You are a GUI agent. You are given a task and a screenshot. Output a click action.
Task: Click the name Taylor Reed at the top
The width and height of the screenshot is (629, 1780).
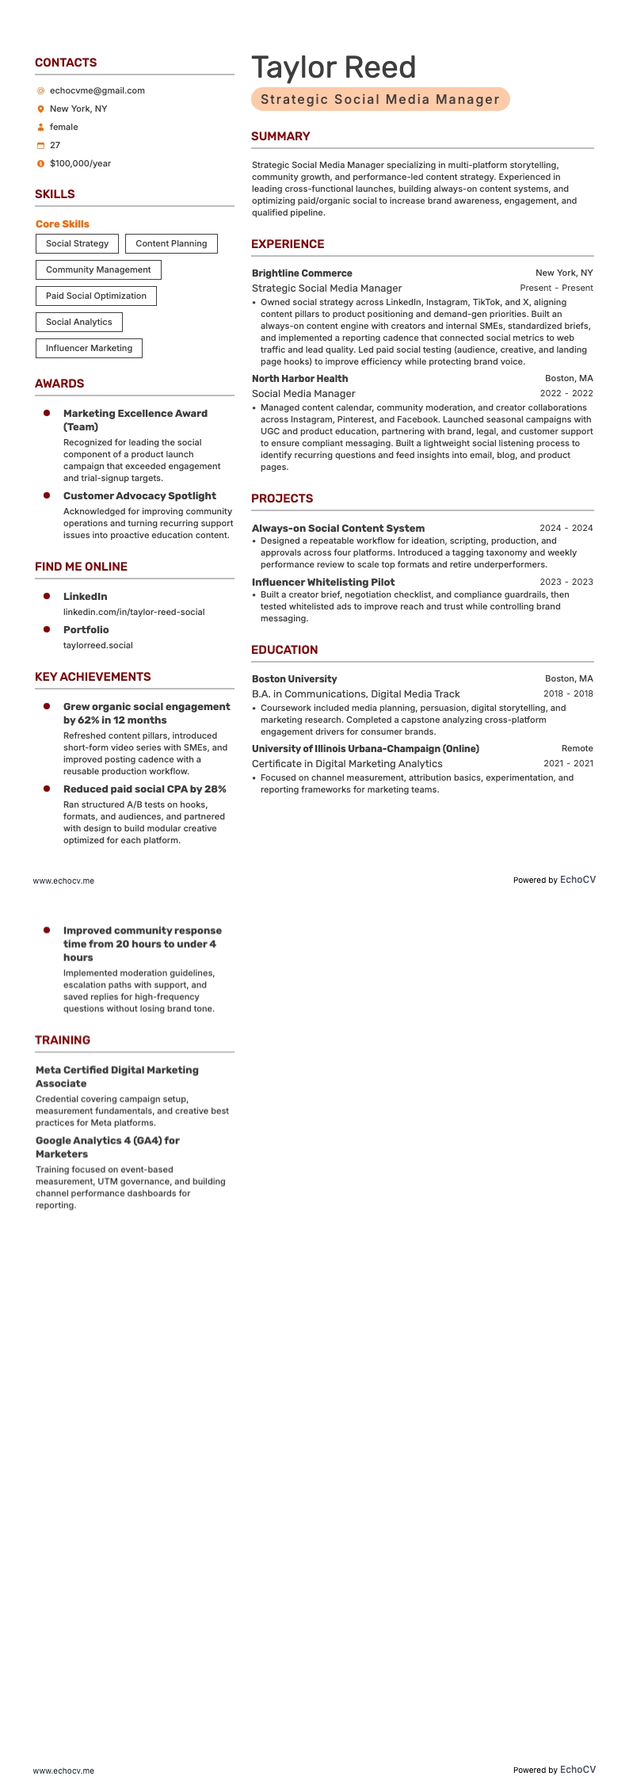(334, 68)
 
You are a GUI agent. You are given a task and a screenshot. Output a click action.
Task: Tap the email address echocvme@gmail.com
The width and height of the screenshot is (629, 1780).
(97, 90)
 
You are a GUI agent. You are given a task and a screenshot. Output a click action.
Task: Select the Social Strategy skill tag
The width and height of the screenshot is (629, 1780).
(77, 243)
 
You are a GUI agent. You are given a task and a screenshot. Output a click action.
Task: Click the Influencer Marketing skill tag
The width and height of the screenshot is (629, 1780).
(89, 348)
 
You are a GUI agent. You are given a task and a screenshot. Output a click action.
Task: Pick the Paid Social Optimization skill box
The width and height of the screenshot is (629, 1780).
(96, 296)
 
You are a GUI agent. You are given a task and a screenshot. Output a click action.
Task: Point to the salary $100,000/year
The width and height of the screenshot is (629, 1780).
(80, 163)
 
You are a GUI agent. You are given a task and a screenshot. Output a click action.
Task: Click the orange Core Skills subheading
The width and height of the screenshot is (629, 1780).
(63, 224)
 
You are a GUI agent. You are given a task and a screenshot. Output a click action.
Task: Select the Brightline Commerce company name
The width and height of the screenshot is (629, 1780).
(302, 273)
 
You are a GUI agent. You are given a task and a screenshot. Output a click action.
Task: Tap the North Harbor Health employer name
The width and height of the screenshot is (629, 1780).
(299, 379)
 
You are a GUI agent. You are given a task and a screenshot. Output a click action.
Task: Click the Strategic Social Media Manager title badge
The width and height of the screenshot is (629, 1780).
(380, 99)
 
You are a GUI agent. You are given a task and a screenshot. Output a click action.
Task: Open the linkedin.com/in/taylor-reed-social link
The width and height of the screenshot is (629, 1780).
(134, 612)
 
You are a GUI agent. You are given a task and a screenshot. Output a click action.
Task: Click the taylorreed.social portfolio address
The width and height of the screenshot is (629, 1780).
(98, 645)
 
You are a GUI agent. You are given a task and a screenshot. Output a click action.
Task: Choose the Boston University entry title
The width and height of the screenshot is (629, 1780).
(294, 679)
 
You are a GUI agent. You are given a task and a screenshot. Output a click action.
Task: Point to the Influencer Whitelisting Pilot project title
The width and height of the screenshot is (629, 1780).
(323, 583)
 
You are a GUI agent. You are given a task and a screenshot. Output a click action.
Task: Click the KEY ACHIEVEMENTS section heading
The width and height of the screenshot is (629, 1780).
(93, 677)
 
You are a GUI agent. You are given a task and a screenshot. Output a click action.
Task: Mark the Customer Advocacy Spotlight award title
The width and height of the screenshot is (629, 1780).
(139, 496)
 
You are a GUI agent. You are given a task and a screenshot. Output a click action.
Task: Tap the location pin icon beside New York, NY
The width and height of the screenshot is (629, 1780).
(41, 109)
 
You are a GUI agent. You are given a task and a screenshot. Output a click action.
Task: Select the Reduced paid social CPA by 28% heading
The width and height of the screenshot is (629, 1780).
(145, 789)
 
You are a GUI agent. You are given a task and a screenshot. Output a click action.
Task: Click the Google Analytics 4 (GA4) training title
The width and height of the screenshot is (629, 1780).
(108, 1147)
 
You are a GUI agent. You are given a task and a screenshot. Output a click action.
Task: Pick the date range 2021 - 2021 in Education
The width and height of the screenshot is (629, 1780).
(568, 763)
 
